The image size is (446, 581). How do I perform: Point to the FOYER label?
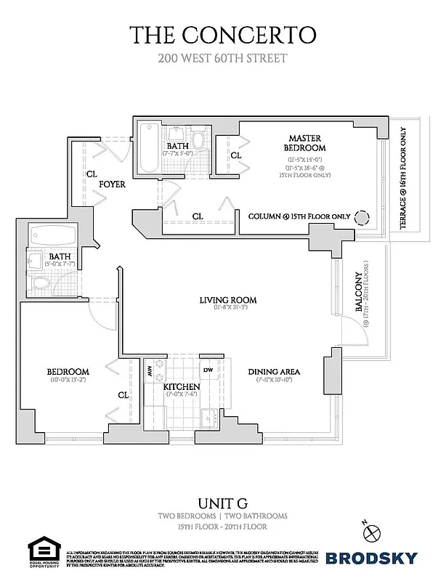pyautogui.click(x=113, y=184)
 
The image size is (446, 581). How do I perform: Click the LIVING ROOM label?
pyautogui.click(x=229, y=300)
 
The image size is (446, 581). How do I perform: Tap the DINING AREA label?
pyautogui.click(x=274, y=372)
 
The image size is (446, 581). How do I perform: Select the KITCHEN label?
pyautogui.click(x=181, y=386)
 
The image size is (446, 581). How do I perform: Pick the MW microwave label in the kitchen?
pyautogui.click(x=150, y=371)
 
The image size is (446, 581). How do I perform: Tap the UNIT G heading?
pyautogui.click(x=223, y=503)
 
